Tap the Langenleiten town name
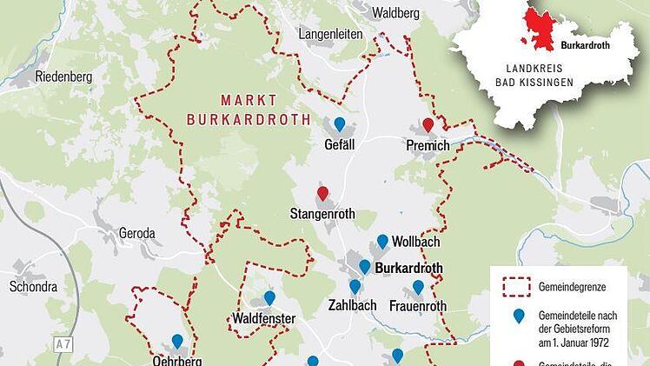[331, 34]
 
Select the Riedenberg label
[63, 76]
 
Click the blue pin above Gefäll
[340, 124]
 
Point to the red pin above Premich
[428, 125]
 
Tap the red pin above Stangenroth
[323, 193]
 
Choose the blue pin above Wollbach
[382, 241]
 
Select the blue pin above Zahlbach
[355, 286]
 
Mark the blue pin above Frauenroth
[418, 287]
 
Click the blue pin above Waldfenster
[269, 298]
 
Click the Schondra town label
[32, 286]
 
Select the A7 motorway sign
[61, 345]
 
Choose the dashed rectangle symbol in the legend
[520, 284]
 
